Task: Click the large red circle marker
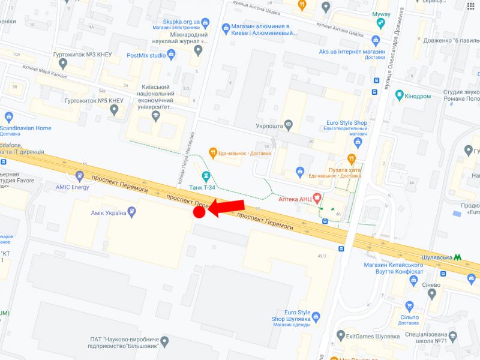pyautogui.click(x=200, y=212)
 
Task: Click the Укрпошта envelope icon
pyautogui.click(x=289, y=125)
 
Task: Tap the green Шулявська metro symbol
pyautogui.click(x=459, y=256)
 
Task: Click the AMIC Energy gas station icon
pyautogui.click(x=80, y=176)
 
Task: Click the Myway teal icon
pyautogui.click(x=380, y=23)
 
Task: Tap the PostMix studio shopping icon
pyautogui.click(x=171, y=55)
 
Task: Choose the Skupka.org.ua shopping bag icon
pyautogui.click(x=205, y=22)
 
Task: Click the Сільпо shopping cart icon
pyautogui.click(x=410, y=306)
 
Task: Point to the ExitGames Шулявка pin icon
pyautogui.click(x=341, y=335)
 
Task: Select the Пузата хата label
pyautogui.click(x=344, y=170)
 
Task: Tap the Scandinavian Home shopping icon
pyautogui.click(x=8, y=117)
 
